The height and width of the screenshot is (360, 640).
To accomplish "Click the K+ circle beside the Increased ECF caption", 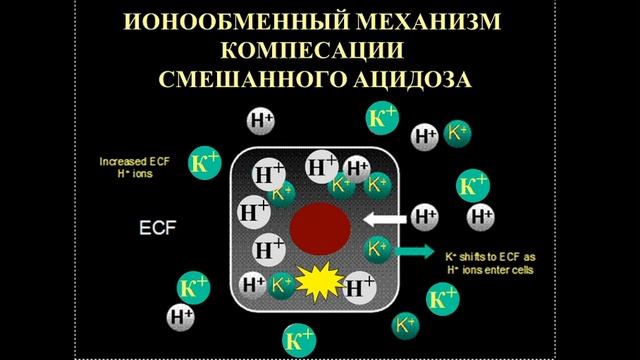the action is pos(205,164).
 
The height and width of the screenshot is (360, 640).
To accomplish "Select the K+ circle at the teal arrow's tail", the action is pos(378,247).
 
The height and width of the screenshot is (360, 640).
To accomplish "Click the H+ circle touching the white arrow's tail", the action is pos(425,215).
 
